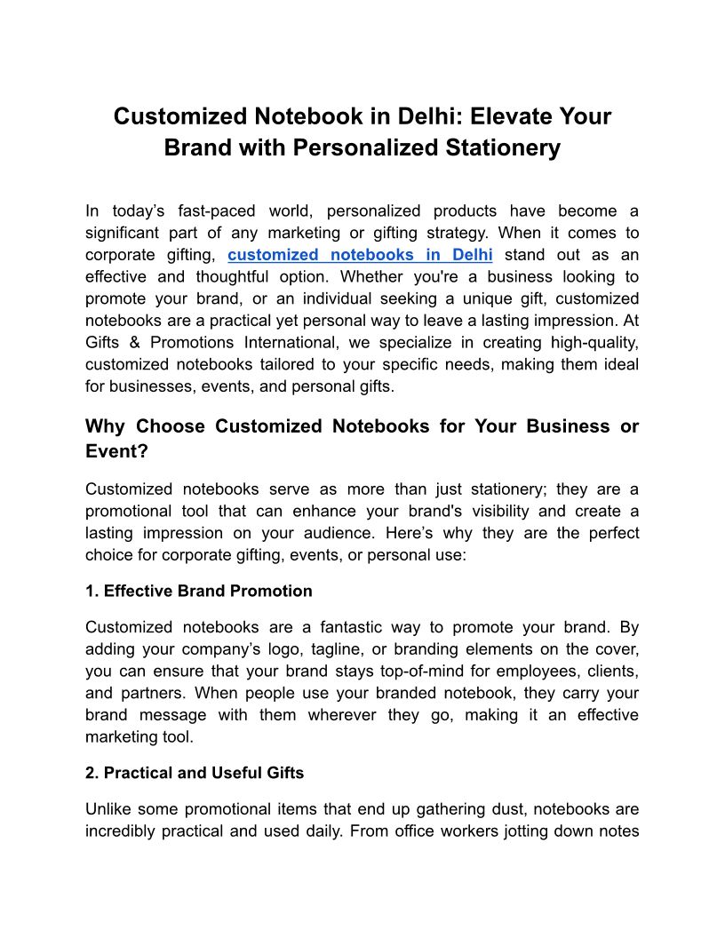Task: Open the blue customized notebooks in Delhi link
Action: coord(360,255)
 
